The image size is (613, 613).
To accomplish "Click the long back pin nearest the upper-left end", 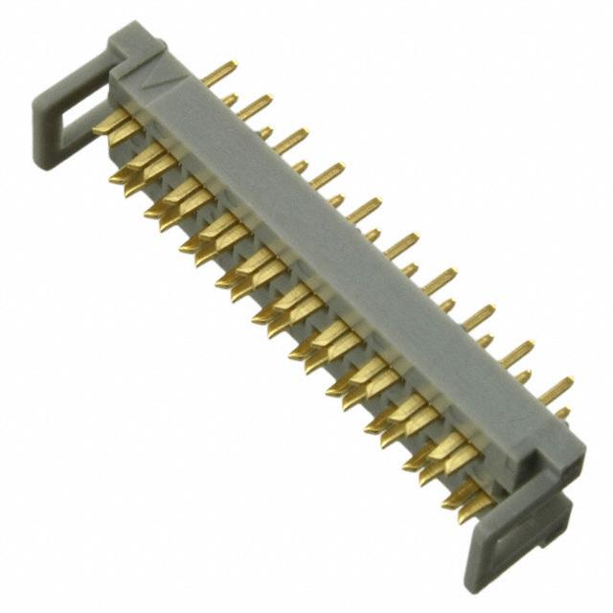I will pyautogui.click(x=222, y=71).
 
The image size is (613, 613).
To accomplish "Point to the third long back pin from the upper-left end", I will pyautogui.click(x=292, y=138).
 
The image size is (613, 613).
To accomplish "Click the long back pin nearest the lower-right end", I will pyautogui.click(x=556, y=388).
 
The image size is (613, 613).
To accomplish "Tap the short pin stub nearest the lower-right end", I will pyautogui.click(x=562, y=413).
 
